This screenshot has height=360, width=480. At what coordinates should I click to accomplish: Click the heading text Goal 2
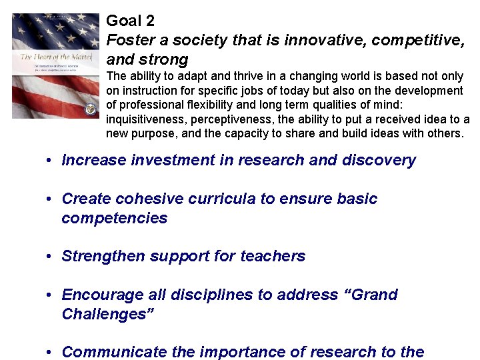pos(130,21)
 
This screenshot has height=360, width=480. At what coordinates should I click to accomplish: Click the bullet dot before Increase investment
pos(50,161)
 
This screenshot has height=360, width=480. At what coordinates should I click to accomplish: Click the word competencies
pos(114,219)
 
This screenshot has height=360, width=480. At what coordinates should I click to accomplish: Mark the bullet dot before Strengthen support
pos(50,257)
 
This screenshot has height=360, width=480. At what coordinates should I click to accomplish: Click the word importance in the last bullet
pos(239,352)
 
